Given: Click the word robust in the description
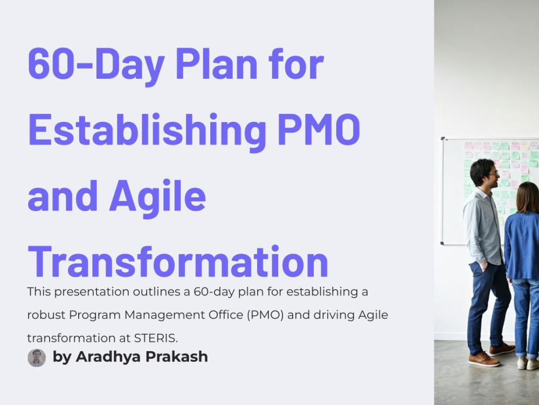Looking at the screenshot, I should tap(45, 315).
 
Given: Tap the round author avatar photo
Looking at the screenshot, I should tap(37, 358).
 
